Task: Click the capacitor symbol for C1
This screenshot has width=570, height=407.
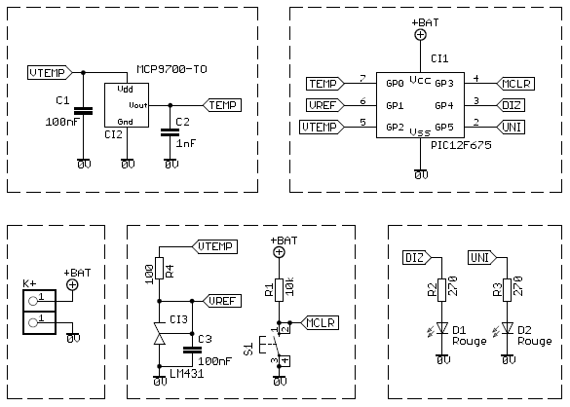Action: [83, 111]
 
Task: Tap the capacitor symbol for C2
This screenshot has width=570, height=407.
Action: [170, 132]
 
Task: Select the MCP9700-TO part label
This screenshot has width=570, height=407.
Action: [171, 69]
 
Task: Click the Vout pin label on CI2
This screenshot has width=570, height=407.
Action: [138, 105]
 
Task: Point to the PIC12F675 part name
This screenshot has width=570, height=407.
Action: [461, 145]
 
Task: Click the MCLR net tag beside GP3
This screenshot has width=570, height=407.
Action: [515, 84]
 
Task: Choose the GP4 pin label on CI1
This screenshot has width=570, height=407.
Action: [444, 106]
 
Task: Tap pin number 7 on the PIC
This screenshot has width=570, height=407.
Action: [362, 78]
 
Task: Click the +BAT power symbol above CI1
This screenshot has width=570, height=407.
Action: [421, 34]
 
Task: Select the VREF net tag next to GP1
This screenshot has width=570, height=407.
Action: [325, 105]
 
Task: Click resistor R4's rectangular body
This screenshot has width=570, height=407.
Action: [159, 268]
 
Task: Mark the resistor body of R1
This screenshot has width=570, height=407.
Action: [279, 290]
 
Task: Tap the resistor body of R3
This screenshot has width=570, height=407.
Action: [507, 290]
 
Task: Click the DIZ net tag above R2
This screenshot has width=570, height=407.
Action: [417, 258]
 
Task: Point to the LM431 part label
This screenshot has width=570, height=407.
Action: [186, 373]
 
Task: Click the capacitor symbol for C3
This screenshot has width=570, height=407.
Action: [192, 350]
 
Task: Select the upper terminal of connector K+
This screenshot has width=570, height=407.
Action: [39, 301]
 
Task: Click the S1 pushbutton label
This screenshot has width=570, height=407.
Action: [248, 349]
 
